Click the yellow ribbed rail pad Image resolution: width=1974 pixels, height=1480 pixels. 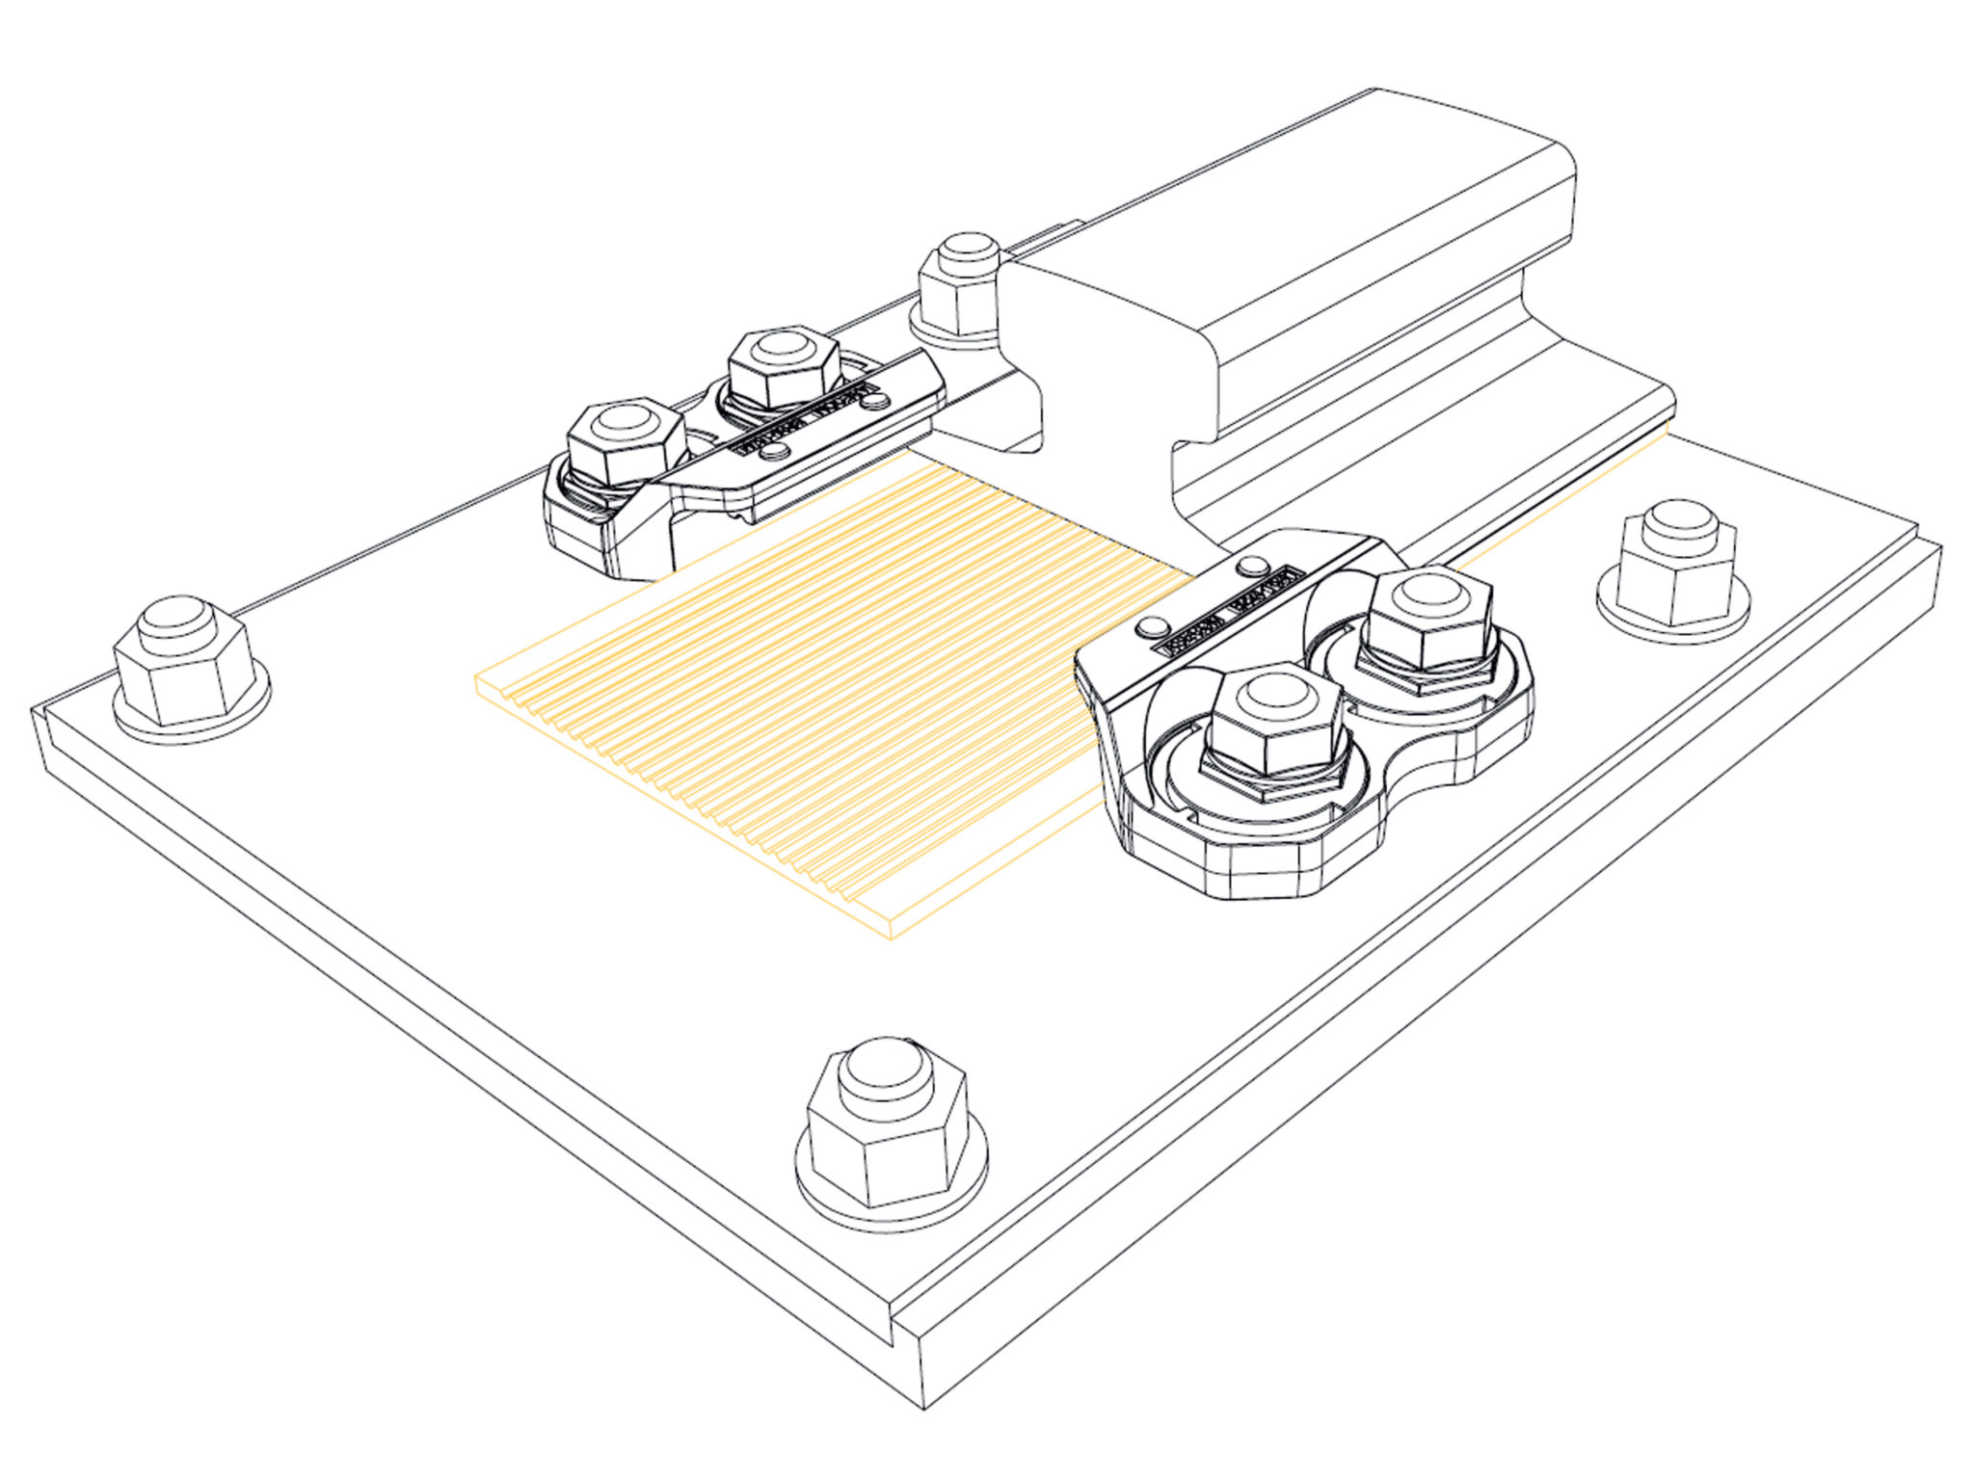pos(819,694)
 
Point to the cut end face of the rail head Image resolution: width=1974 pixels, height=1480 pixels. pos(1108,318)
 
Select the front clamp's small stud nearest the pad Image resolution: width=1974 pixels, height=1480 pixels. pos(1148,628)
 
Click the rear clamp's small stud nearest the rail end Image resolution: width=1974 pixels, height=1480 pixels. pos(875,400)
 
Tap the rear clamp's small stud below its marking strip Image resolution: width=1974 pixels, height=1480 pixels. pos(772,450)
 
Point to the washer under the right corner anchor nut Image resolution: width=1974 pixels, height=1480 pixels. pos(1673,622)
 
